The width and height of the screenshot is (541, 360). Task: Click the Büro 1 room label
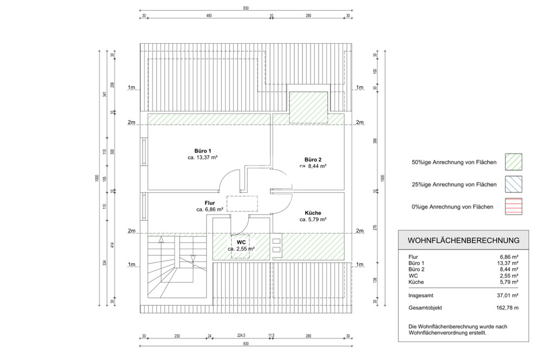[x=202, y=150]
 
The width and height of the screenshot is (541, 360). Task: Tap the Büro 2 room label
[x=313, y=159]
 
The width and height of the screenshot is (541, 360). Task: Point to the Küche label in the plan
[x=313, y=213]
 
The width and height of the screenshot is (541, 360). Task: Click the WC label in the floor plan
[x=241, y=242]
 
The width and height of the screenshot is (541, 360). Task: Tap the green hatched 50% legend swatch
[x=515, y=162]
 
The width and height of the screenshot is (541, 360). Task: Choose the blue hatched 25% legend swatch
[x=515, y=184]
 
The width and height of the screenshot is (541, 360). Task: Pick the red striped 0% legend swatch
[x=515, y=206]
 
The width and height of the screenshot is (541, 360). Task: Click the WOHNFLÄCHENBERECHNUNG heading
[x=463, y=240]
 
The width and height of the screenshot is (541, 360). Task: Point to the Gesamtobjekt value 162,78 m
[x=507, y=308]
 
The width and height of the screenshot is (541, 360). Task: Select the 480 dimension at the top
[x=209, y=16]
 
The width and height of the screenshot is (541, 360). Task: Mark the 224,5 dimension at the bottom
[x=241, y=335]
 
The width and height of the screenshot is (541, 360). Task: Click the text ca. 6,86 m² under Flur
[x=210, y=209]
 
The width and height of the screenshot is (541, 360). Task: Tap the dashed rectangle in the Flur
[x=242, y=203]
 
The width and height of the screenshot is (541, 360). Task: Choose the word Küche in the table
[x=417, y=282]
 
